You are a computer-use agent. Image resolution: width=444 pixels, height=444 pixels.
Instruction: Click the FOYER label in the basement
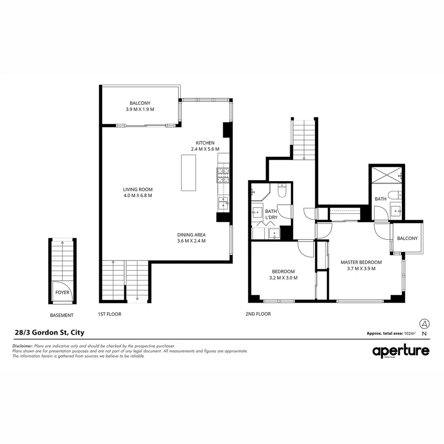coord(62,293)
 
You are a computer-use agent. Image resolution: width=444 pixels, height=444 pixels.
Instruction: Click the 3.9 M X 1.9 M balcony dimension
coord(140,110)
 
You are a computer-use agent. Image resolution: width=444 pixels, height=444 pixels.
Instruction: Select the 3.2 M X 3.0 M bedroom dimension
coord(283,278)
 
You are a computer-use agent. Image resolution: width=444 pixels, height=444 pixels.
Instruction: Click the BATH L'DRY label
coord(271,214)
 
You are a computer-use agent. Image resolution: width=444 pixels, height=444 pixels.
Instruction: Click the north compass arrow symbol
coord(424,323)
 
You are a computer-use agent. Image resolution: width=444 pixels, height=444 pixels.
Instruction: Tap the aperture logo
coord(400,351)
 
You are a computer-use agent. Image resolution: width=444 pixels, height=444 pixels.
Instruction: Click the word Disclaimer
coord(23,347)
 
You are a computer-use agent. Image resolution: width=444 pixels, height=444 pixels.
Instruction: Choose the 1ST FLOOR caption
coord(109,314)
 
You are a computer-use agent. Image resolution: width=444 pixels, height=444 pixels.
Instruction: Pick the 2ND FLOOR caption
coord(258,314)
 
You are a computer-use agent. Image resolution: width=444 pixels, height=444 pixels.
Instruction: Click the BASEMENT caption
coord(62,315)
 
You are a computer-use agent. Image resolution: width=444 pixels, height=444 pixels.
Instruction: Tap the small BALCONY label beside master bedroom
coord(407,238)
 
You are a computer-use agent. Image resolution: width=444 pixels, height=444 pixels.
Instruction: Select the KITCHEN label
coord(205,143)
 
